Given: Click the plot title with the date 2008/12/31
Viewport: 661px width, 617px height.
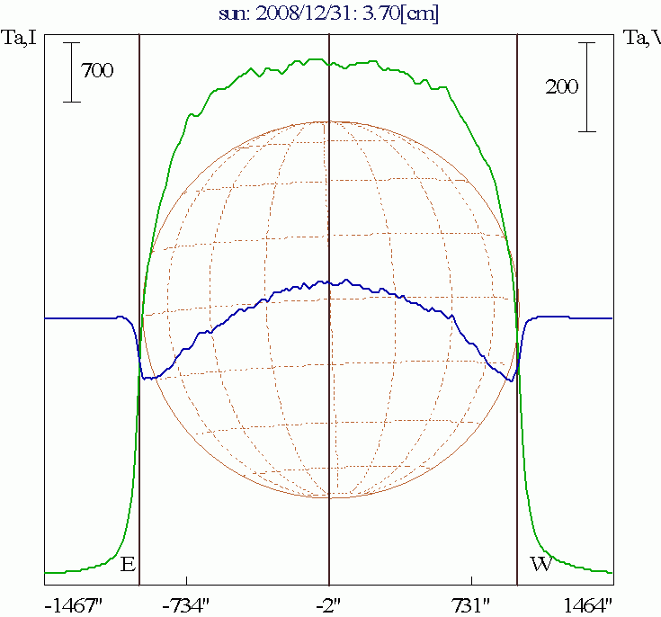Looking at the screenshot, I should pyautogui.click(x=329, y=13).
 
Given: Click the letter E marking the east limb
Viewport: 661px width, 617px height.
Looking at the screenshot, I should pyautogui.click(x=128, y=565).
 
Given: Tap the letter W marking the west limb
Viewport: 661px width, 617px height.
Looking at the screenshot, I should pyautogui.click(x=540, y=565).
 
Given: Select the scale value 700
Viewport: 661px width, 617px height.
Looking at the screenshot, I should pyautogui.click(x=97, y=71).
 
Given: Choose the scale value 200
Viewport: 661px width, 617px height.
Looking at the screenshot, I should pyautogui.click(x=561, y=86).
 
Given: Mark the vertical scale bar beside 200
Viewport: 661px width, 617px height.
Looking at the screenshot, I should pyautogui.click(x=587, y=86).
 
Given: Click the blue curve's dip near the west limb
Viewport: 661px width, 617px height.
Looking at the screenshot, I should pyautogui.click(x=510, y=380).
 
